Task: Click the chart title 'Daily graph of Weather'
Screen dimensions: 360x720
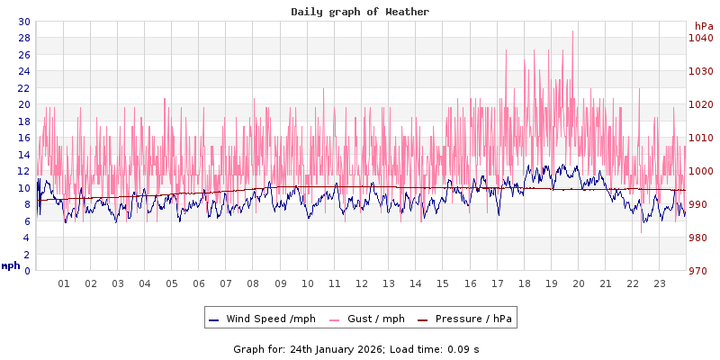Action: [360, 12]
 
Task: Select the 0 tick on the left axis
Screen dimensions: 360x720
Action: [27, 271]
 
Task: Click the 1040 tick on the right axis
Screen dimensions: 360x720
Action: [701, 38]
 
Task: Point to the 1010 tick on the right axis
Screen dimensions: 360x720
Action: [701, 138]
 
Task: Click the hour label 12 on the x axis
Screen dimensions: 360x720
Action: [361, 283]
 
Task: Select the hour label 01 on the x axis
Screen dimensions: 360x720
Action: [64, 283]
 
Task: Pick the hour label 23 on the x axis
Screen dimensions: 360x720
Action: [659, 283]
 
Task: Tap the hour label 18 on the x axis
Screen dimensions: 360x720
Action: [524, 283]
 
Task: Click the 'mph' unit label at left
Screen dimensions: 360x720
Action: [11, 265]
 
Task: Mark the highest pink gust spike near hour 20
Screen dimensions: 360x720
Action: [573, 32]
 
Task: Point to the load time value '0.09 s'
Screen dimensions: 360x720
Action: [463, 348]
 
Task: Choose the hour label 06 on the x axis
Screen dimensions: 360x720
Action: [199, 283]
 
